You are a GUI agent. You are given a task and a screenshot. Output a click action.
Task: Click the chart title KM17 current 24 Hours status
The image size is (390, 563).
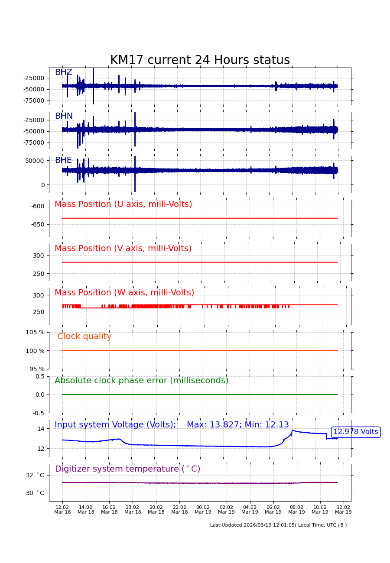200,60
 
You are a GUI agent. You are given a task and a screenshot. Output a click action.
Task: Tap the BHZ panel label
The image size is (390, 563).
63,72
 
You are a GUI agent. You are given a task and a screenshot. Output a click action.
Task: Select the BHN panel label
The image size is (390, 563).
64,116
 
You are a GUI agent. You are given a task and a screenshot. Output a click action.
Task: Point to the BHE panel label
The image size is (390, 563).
63,160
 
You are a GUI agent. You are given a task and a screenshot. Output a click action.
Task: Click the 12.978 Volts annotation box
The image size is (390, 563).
355,432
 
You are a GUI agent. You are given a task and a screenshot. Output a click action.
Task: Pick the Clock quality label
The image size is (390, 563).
84,337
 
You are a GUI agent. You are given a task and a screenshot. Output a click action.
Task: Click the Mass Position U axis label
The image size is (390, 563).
123,204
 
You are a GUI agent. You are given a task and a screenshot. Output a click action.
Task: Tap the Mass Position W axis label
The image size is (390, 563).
124,293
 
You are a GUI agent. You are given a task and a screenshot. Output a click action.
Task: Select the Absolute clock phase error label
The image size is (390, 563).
141,381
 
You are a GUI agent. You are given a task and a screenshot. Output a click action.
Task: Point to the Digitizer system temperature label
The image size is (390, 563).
127,469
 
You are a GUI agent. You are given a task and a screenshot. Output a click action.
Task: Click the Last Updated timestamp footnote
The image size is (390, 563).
278,525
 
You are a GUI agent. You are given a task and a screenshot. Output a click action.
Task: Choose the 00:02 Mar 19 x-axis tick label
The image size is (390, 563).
203,509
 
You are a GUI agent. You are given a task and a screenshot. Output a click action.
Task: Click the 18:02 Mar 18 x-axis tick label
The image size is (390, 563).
133,509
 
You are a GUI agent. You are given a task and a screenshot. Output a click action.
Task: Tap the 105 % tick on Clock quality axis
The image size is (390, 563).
35,332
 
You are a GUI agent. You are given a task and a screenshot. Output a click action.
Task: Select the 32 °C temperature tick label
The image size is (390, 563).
35,475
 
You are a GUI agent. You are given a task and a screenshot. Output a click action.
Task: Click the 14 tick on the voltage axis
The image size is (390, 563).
41,429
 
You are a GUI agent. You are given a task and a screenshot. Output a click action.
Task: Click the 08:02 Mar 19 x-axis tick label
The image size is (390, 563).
296,509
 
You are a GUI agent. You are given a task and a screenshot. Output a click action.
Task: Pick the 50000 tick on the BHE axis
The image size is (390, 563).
35,160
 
